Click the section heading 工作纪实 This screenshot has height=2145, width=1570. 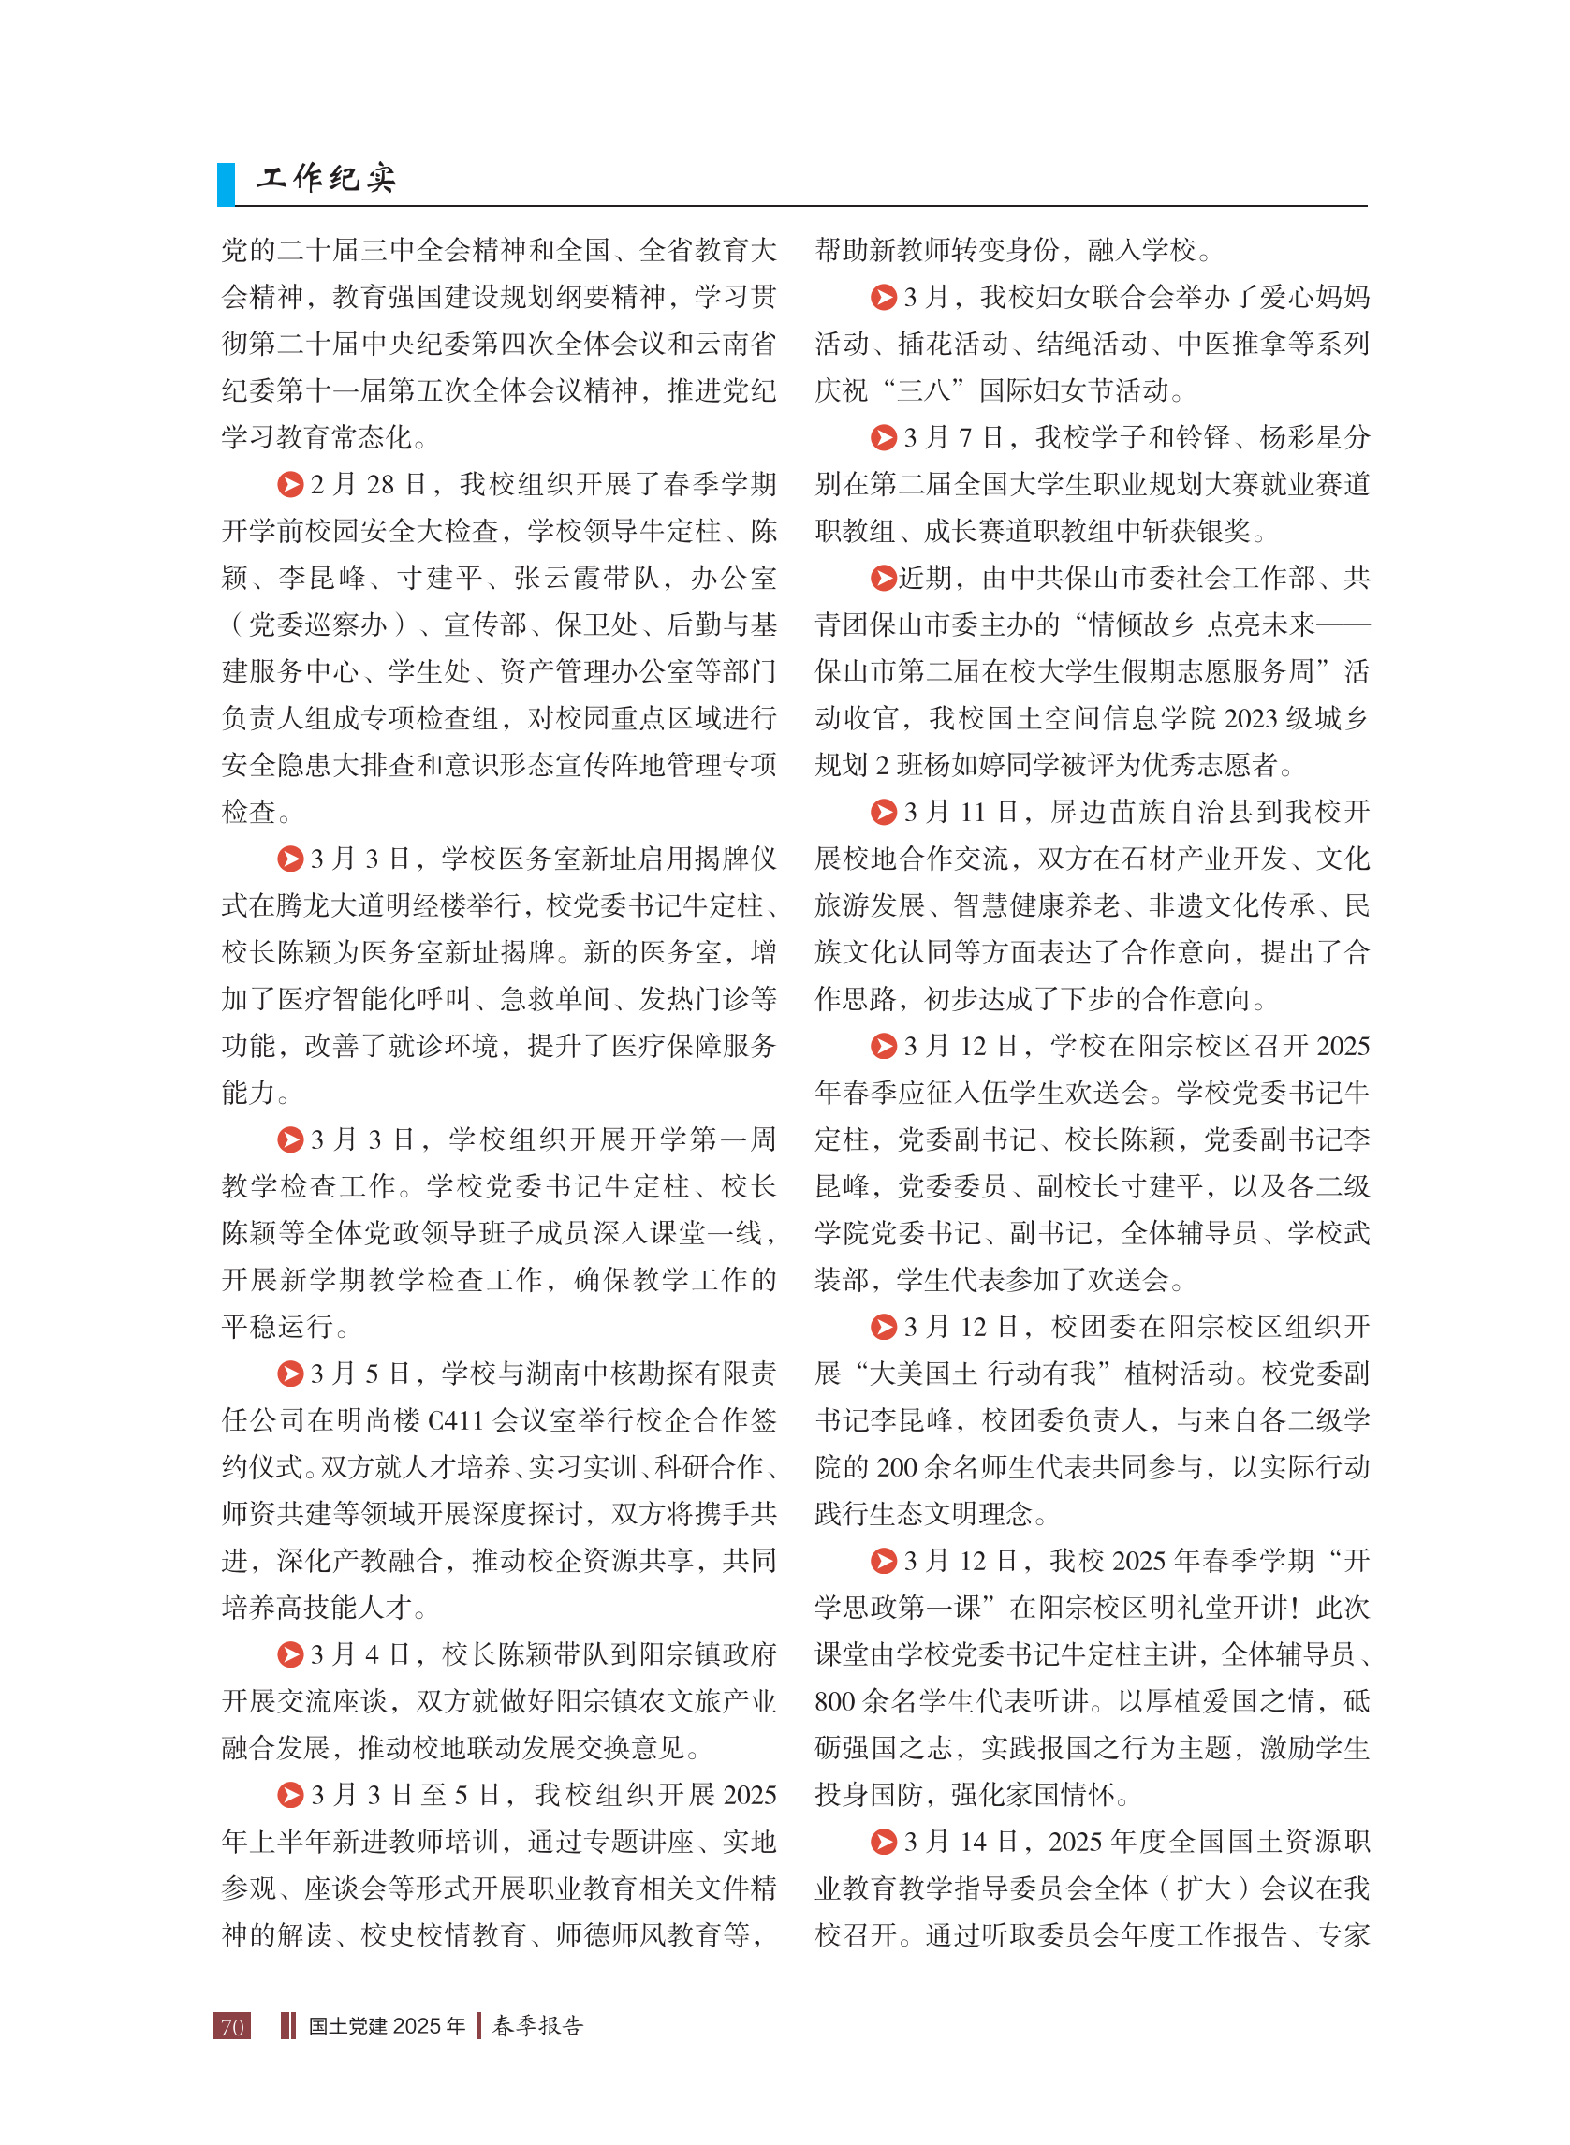(326, 178)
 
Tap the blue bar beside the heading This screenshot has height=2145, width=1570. (227, 184)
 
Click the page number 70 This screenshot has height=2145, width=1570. (233, 2026)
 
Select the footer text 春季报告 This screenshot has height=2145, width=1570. (538, 2025)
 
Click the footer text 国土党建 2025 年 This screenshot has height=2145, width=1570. (387, 2026)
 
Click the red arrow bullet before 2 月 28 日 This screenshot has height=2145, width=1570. (290, 485)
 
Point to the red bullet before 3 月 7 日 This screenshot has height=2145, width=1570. (884, 437)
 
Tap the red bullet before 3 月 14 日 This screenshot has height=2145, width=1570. (884, 1842)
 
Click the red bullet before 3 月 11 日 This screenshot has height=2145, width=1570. (884, 812)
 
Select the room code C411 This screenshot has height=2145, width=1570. (456, 1421)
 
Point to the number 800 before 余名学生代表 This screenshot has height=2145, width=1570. (834, 1701)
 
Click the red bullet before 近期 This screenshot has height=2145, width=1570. (884, 578)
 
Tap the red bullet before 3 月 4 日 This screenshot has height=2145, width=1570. (290, 1654)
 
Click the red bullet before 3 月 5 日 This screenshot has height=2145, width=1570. (290, 1374)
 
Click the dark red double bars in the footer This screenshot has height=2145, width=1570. (288, 2025)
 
